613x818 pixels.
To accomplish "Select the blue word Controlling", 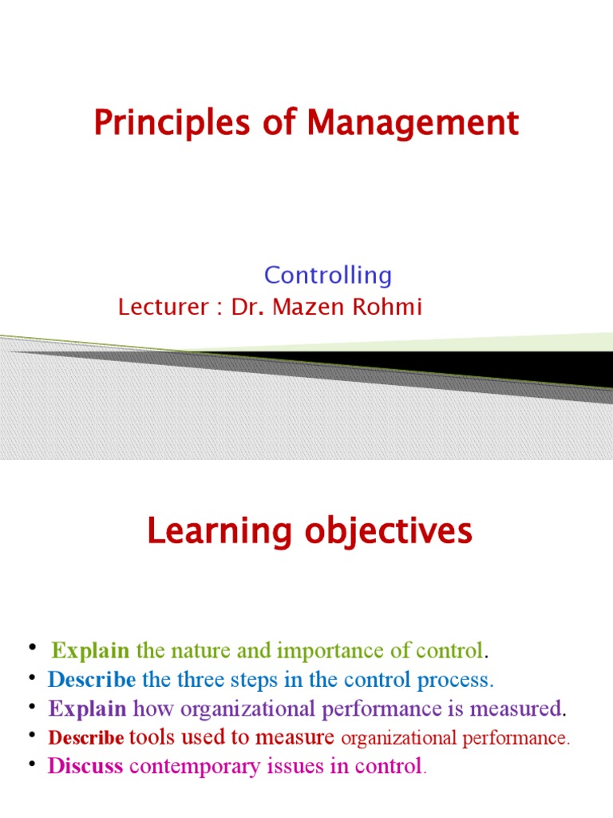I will [x=328, y=276].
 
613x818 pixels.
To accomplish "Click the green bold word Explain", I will [x=90, y=651].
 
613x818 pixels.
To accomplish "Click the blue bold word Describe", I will [x=91, y=680].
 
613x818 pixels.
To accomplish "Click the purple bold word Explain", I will [x=87, y=709].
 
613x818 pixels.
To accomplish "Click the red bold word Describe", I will [x=86, y=738].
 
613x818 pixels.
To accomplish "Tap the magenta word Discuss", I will [x=85, y=767].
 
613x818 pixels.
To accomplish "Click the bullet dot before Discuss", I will [x=33, y=765].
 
